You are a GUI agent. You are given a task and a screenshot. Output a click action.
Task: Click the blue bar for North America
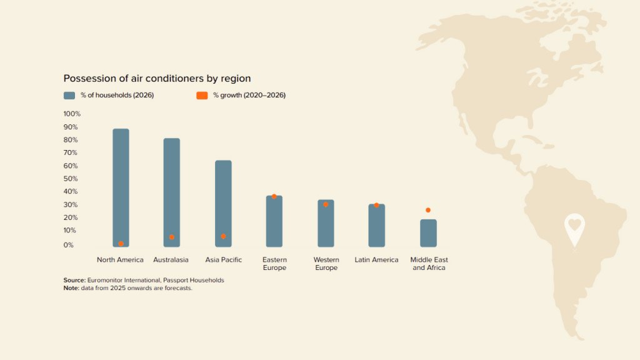point(121,187)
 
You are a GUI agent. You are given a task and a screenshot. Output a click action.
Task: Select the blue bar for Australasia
point(172,192)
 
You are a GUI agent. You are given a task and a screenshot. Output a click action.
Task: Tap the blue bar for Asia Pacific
point(223,203)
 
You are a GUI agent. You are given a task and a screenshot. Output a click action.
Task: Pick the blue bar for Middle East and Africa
point(428,232)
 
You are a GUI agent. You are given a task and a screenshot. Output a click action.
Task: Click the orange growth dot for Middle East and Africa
point(428,210)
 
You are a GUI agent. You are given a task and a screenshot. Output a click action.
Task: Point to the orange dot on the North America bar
point(121,244)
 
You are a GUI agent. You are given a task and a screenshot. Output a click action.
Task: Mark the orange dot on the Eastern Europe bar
point(274,196)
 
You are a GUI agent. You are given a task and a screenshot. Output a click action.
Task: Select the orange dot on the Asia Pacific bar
point(223,236)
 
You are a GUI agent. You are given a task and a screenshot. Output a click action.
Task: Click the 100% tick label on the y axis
point(72,114)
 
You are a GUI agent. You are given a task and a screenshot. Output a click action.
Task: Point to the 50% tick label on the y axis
point(71,179)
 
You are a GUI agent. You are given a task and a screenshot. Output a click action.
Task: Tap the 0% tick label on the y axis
point(69,245)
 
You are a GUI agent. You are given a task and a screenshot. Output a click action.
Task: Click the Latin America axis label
point(376,260)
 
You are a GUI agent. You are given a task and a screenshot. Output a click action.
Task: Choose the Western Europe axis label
point(326,264)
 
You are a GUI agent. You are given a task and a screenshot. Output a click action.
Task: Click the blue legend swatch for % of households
point(69,96)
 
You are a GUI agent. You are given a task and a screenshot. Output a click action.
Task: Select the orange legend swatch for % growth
point(202,96)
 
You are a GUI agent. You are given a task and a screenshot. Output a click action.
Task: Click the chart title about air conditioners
point(157,79)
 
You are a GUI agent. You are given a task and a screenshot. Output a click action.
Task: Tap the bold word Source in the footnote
point(74,280)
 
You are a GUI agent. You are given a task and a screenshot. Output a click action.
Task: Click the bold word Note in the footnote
point(71,288)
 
